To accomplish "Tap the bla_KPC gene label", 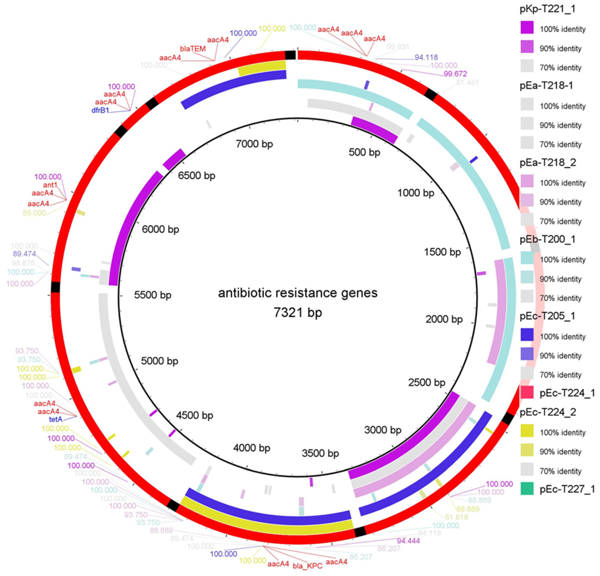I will pos(307,566).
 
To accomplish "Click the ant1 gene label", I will pos(50,185).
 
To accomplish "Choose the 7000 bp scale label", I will pos(254,144).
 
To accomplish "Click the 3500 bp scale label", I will pos(320,453).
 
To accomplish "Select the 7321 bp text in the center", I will pos(298,312).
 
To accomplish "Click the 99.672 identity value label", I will pos(455,74).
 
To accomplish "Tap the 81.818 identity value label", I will pos(456,517).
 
